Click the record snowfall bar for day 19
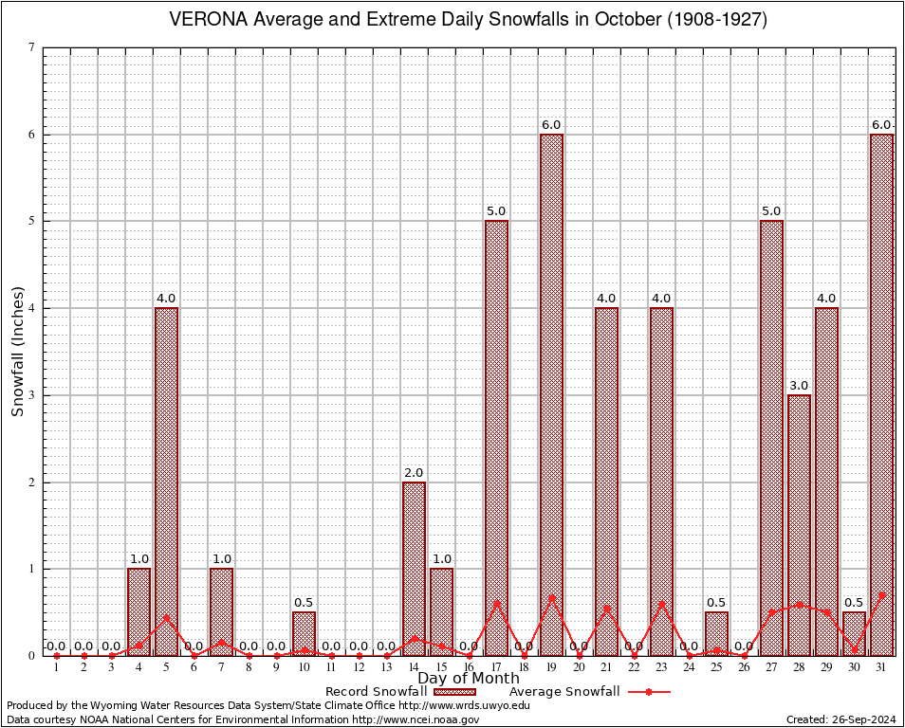(551, 394)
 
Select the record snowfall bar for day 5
(166, 482)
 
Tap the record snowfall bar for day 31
(881, 394)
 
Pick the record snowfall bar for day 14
(414, 569)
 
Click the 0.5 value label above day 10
(304, 603)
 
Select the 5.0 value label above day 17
(496, 211)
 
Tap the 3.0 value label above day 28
(799, 386)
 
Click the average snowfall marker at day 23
(661, 604)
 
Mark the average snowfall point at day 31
(882, 595)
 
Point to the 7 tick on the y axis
(32, 47)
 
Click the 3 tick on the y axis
(32, 395)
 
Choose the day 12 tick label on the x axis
(359, 668)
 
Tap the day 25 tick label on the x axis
(716, 668)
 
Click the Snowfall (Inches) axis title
(17, 351)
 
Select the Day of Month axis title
(469, 678)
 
